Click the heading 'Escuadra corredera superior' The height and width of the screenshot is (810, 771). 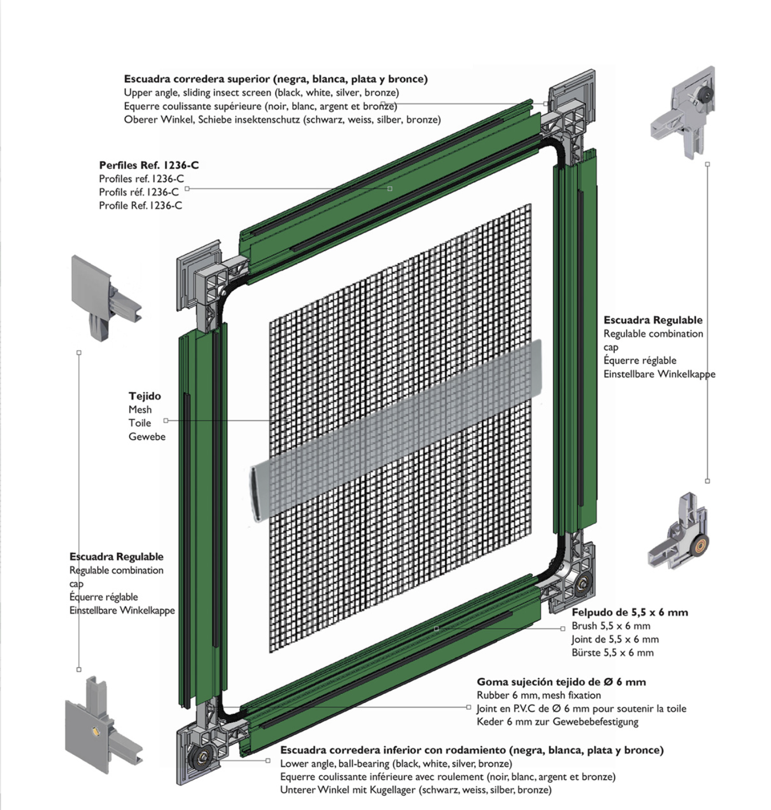275,79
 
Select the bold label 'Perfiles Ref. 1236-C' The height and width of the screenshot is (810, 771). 149,165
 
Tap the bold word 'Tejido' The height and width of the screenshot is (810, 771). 145,396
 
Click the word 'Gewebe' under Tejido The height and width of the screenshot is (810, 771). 147,436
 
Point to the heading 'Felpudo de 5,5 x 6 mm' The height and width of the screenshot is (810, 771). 630,612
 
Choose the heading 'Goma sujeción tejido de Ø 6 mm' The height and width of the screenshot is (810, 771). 561,682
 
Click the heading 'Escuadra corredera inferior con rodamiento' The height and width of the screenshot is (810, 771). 472,750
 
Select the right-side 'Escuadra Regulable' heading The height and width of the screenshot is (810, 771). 653,320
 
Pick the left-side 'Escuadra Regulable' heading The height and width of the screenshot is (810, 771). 117,557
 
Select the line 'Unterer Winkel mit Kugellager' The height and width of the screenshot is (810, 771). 415,790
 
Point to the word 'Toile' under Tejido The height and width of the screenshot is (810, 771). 140,423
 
